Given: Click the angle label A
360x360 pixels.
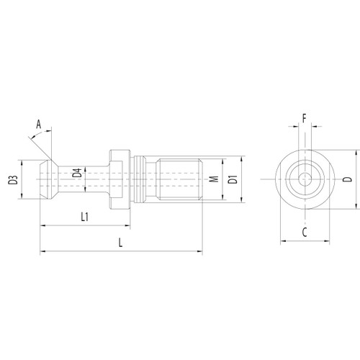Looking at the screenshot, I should pos(41,123).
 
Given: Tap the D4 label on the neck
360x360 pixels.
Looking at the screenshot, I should pos(76,175).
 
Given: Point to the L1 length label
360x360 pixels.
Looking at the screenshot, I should pos(84,217).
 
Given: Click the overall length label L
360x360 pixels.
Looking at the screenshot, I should pos(120,243).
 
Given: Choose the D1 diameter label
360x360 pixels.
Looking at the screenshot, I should pos(232,178).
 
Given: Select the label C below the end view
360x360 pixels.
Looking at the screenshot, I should pos(305,233).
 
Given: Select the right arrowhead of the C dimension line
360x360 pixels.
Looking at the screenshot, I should pos(328,240).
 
